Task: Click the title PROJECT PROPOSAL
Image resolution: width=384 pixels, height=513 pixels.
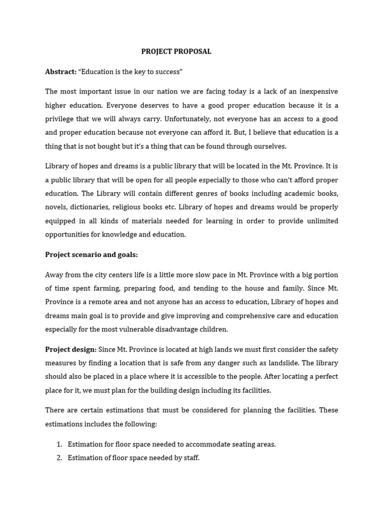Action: click(x=176, y=52)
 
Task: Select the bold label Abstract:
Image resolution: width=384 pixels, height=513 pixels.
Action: click(x=60, y=72)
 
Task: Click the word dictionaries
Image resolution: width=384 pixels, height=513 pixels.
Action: click(x=93, y=207)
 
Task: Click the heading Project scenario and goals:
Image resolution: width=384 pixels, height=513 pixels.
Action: click(x=91, y=254)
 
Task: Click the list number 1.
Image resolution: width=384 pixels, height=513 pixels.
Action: click(x=58, y=444)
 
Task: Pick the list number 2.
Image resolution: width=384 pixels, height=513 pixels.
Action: click(x=58, y=458)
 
